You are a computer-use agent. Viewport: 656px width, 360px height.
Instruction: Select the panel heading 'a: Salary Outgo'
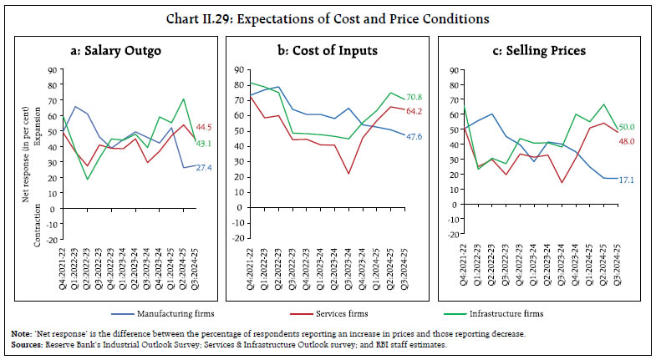point(116,51)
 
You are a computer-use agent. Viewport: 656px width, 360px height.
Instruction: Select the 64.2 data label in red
point(418,109)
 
